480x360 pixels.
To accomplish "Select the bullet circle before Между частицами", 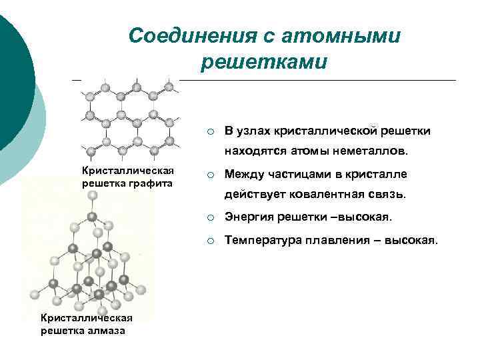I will point(209,175).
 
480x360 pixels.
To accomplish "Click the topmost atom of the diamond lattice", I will point(92,195).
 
